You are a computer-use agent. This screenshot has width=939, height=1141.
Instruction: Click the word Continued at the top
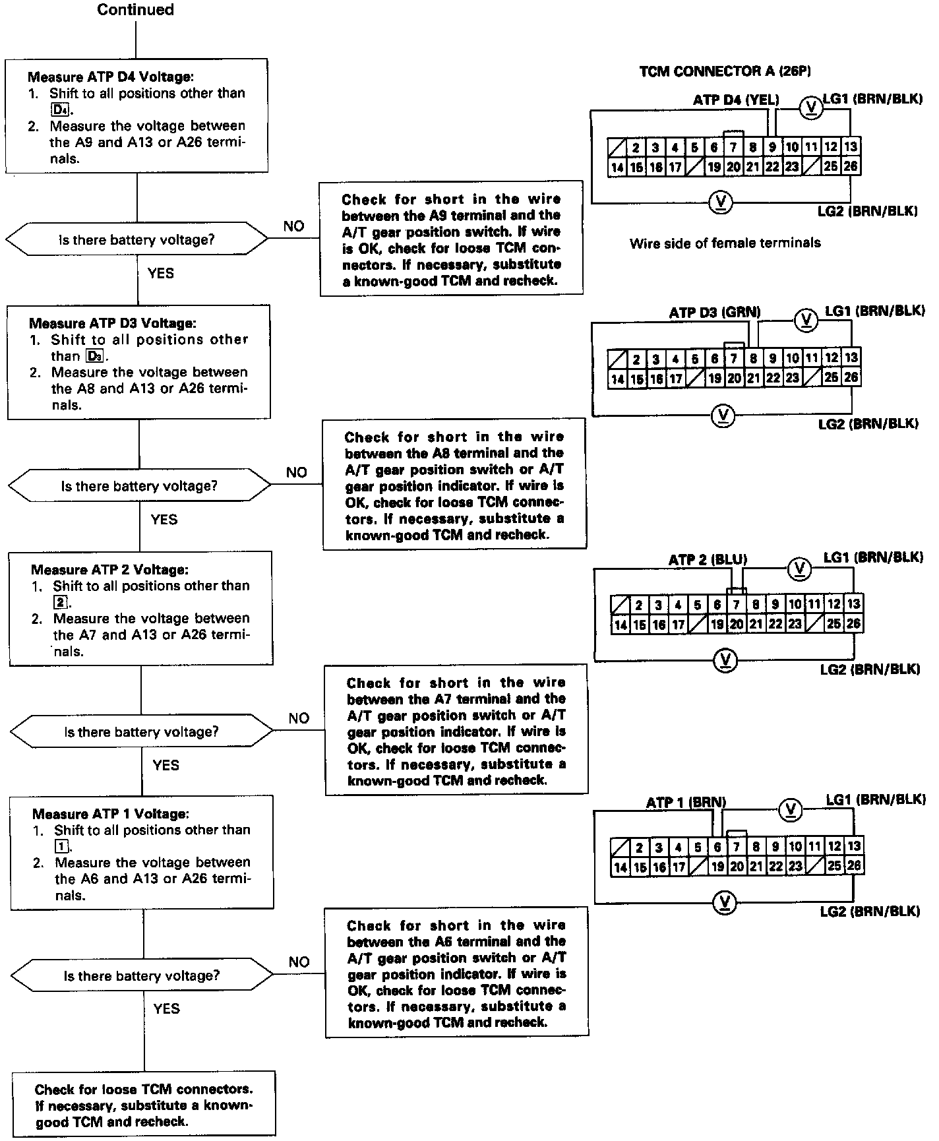(x=135, y=10)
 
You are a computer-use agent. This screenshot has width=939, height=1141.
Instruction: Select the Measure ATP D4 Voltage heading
(x=110, y=77)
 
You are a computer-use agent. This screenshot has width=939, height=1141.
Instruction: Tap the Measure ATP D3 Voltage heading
(x=112, y=323)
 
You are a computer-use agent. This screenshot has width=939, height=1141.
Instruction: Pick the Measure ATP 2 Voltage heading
(x=109, y=569)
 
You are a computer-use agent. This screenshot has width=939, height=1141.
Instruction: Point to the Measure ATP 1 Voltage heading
(x=110, y=814)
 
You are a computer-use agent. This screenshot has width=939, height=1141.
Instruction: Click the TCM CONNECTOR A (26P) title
(x=725, y=71)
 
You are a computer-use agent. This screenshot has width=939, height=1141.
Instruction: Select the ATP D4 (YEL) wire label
(x=736, y=100)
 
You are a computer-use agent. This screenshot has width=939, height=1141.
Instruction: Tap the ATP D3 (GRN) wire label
(x=715, y=313)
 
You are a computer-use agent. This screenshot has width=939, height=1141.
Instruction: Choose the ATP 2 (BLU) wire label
(x=708, y=560)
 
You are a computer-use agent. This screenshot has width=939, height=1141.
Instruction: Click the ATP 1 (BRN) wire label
(x=686, y=803)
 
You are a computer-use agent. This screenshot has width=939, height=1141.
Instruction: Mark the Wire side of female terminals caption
(x=725, y=243)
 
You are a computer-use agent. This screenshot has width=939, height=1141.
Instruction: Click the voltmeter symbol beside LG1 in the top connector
(x=811, y=108)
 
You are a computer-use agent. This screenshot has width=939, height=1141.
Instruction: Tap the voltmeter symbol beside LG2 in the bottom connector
(x=725, y=902)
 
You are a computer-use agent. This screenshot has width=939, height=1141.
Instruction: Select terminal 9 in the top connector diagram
(x=772, y=147)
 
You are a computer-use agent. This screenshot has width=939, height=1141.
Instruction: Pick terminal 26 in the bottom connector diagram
(x=854, y=866)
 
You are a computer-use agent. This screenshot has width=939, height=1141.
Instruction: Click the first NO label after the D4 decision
(x=294, y=226)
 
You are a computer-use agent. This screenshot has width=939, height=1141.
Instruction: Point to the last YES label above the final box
(x=166, y=1008)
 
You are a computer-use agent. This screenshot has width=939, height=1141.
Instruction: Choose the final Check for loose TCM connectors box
(x=144, y=1105)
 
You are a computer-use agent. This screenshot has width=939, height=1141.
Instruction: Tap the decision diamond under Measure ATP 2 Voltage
(x=141, y=732)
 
